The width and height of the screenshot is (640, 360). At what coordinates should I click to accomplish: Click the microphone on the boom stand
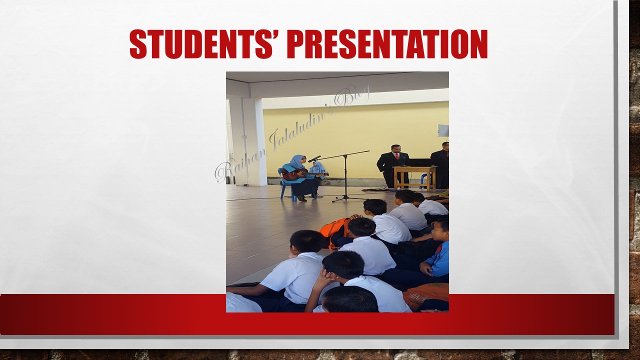pos(314,159)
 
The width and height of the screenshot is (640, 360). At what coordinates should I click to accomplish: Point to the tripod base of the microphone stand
pos(345,197)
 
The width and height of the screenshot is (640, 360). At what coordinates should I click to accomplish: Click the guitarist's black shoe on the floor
pos(302,198)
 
